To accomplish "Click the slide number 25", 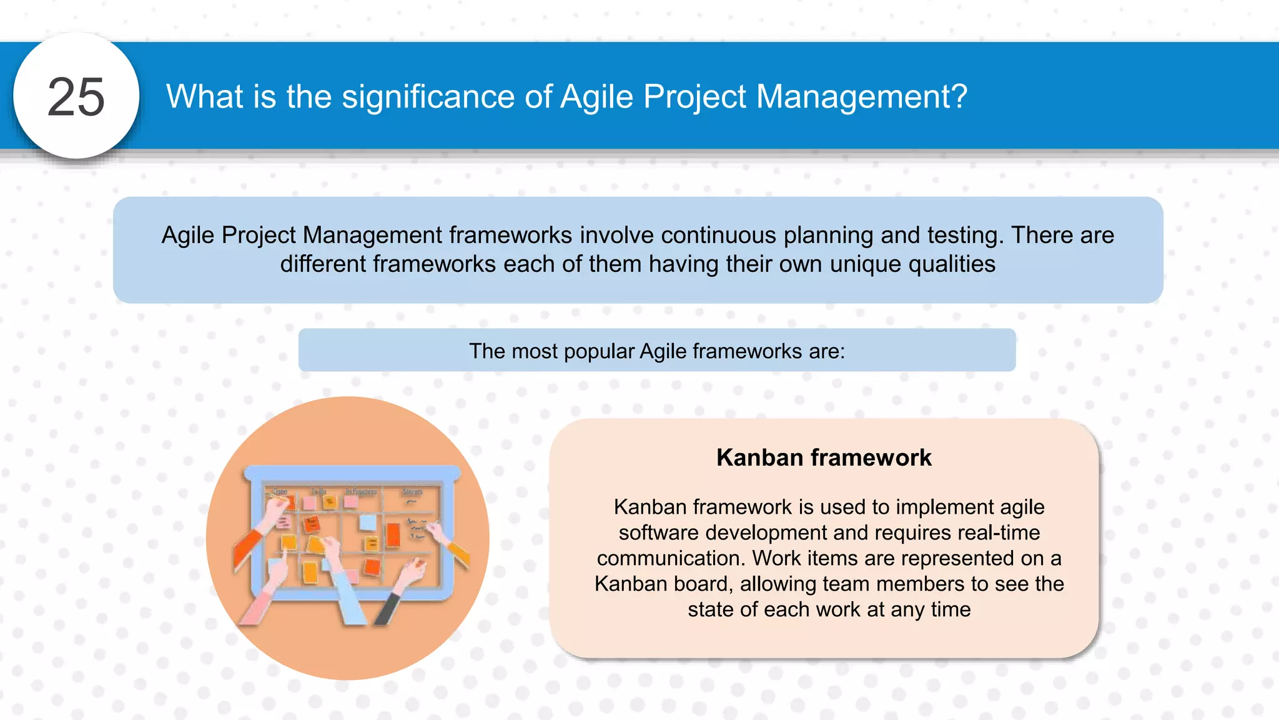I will (x=76, y=97).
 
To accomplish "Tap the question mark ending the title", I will (x=960, y=97).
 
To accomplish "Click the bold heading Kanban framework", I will (x=824, y=457).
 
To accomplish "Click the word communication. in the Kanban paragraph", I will (x=671, y=558).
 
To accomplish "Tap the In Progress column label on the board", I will (x=361, y=492).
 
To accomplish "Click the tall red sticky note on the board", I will (x=393, y=535).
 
